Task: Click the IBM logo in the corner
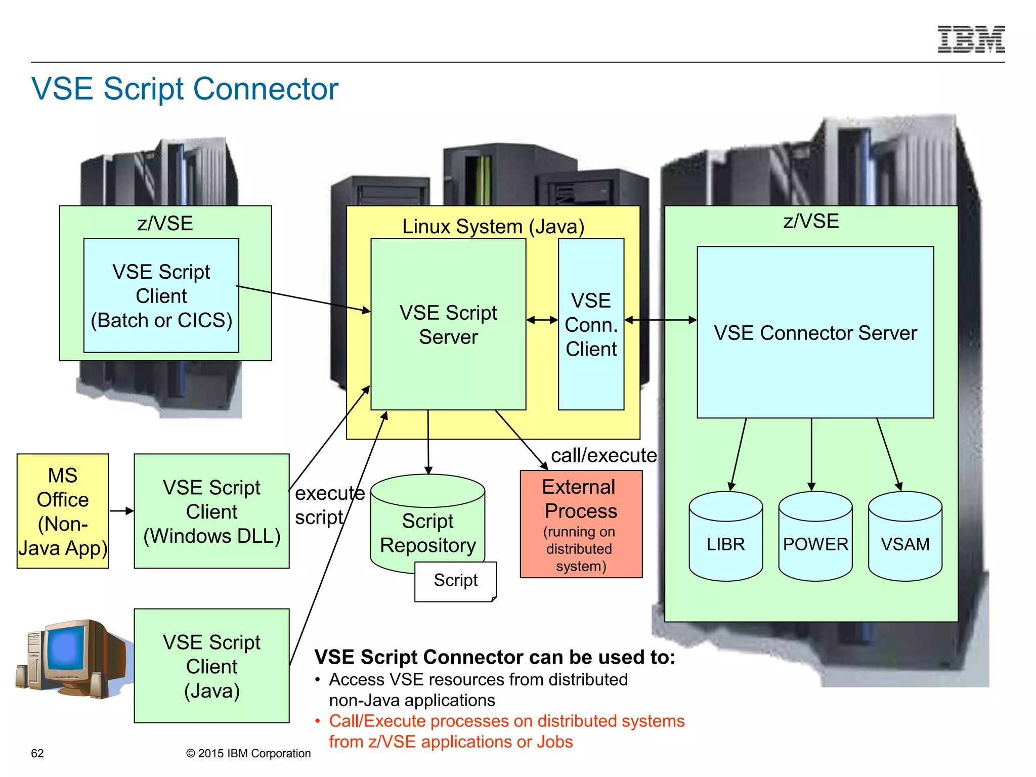971,39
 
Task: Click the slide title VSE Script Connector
185,89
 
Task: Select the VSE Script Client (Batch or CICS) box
161,295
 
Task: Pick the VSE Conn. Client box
591,324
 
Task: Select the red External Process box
581,524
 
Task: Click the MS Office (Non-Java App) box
63,511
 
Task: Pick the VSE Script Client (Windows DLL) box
211,511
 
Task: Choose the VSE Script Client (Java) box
211,666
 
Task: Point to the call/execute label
603,455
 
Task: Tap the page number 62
37,753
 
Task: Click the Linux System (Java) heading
493,226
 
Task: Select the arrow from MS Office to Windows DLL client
121,511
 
